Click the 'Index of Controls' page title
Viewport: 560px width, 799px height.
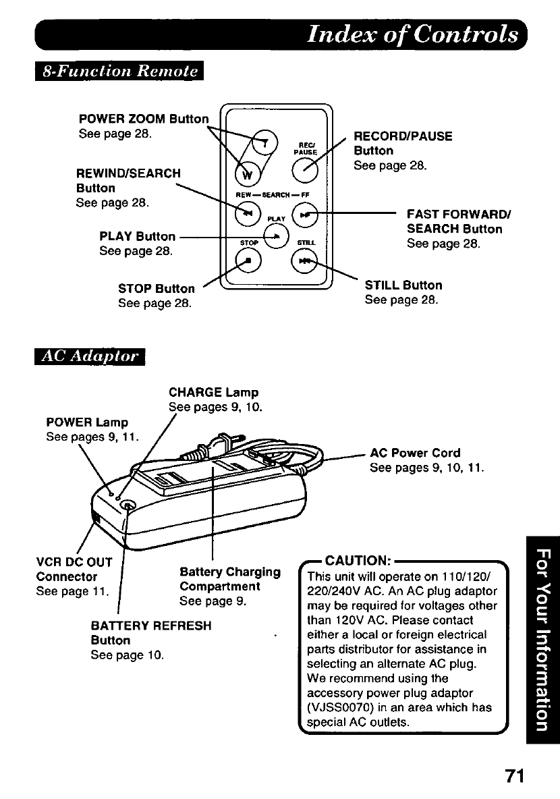tap(412, 35)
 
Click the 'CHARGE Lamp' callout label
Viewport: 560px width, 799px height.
tap(213, 392)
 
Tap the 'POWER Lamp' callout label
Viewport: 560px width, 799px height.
tap(87, 422)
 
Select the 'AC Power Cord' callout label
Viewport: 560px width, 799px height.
tap(416, 453)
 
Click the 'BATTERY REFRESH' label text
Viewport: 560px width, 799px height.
tap(151, 626)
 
